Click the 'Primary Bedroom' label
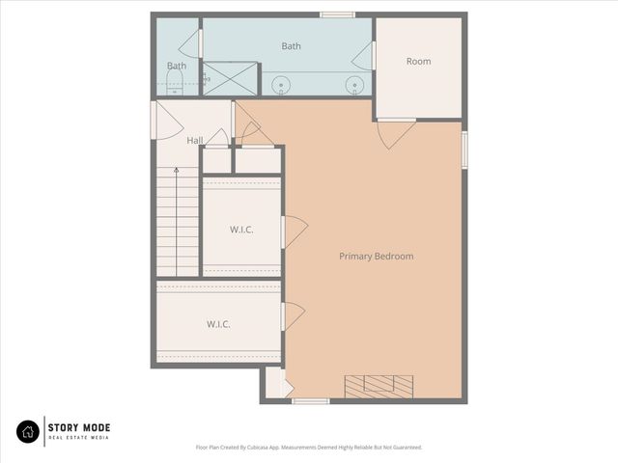click(376, 257)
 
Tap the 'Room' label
click(418, 62)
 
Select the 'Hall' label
click(195, 141)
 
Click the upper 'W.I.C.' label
click(241, 230)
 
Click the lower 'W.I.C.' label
click(217, 324)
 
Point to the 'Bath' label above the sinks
click(291, 46)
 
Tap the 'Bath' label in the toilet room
click(176, 67)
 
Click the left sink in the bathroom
click(282, 86)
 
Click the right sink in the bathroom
click(355, 86)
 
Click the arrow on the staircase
click(176, 172)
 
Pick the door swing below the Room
click(396, 133)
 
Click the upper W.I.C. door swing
click(295, 231)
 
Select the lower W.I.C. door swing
click(294, 316)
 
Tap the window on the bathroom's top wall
click(337, 14)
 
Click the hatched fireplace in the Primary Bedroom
click(379, 386)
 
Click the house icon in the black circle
click(29, 432)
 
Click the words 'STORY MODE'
click(80, 428)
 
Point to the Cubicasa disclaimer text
click(309, 448)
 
